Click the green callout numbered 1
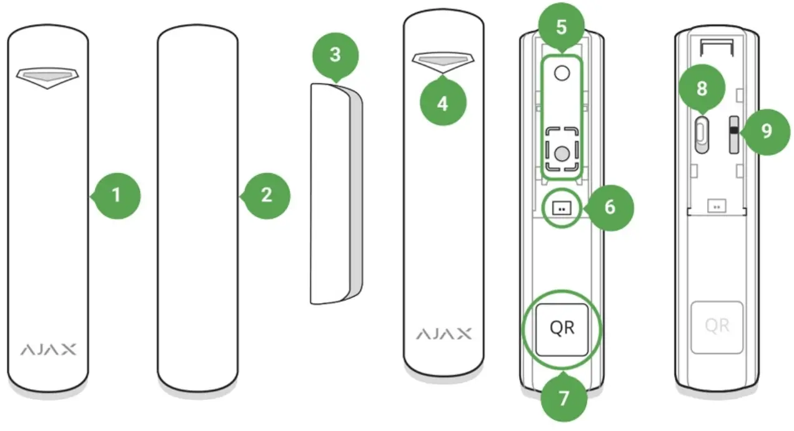(117, 196)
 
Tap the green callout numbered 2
(267, 196)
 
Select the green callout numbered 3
(335, 55)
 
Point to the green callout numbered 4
(442, 104)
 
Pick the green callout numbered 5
(562, 28)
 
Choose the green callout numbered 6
(610, 207)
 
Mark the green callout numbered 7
(564, 398)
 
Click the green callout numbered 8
(702, 89)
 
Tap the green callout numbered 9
(766, 131)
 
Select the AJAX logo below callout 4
(444, 334)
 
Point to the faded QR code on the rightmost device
(717, 325)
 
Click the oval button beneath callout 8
(702, 132)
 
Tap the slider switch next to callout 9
(733, 132)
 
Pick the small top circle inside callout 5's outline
(562, 74)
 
